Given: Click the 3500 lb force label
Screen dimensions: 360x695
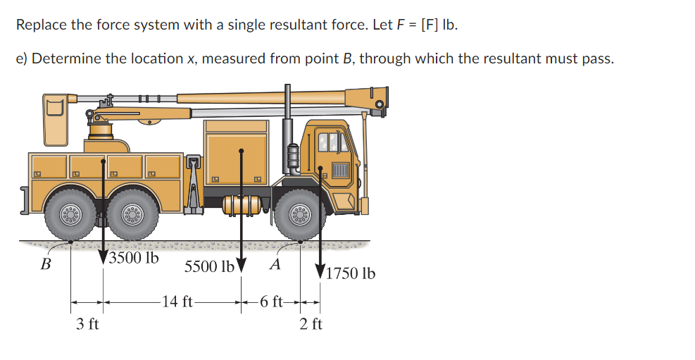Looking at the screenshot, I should (x=134, y=258).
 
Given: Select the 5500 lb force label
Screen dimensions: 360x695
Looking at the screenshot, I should (x=208, y=268).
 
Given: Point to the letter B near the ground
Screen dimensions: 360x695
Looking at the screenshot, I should (x=46, y=266).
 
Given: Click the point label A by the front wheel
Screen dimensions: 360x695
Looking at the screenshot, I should (x=276, y=265).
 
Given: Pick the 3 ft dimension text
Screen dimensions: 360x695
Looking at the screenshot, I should (x=87, y=324).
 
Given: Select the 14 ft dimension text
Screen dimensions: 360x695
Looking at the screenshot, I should (x=177, y=302).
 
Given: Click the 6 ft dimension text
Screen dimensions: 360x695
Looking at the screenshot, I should (x=271, y=302).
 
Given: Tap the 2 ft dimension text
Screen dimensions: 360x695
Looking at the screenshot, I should (x=311, y=324).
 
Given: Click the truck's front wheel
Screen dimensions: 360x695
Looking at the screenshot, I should (x=301, y=216).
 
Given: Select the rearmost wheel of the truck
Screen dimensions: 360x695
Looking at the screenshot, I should (x=71, y=216).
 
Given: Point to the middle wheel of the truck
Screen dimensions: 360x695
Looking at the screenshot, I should (x=132, y=216).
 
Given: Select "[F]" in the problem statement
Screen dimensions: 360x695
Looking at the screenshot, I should (x=430, y=25).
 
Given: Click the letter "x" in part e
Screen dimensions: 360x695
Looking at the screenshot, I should (x=190, y=58).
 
